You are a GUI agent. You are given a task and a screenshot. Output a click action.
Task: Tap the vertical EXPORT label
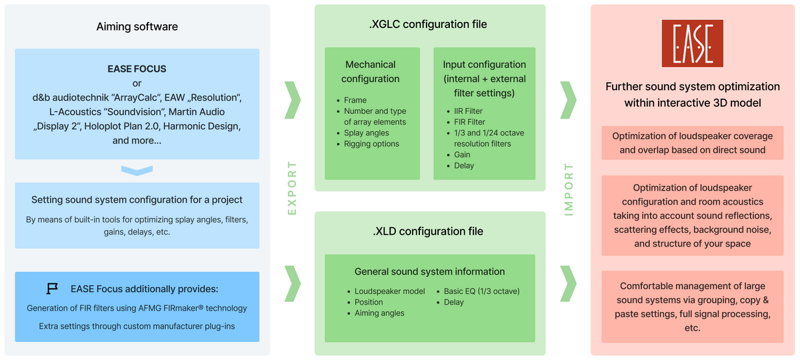(x=291, y=188)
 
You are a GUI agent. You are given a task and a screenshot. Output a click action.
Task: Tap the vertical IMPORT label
(x=569, y=188)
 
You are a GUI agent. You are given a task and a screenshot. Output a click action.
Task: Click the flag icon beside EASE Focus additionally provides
(x=52, y=289)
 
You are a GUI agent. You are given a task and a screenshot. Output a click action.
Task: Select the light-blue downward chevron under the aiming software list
(x=137, y=171)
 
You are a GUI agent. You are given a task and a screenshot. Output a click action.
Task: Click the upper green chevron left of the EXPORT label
(x=292, y=99)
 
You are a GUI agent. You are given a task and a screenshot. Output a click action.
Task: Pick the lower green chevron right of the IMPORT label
(x=569, y=283)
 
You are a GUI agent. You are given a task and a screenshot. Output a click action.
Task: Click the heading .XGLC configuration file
(x=428, y=25)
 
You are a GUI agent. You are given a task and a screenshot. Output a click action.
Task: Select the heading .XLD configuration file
(x=428, y=231)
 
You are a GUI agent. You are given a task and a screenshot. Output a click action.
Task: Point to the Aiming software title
(x=137, y=27)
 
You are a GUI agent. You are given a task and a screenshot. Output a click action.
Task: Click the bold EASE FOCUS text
(x=137, y=69)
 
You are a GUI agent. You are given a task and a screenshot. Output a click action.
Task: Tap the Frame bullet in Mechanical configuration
(x=355, y=100)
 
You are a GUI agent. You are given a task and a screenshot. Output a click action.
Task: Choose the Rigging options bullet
(x=371, y=143)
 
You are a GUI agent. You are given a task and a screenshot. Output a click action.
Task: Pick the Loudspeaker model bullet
(x=389, y=291)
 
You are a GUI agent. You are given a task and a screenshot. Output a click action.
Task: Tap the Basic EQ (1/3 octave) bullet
(x=481, y=291)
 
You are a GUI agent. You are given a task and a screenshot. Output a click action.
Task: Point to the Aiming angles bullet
(x=379, y=313)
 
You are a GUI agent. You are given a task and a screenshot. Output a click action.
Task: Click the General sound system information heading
(x=429, y=271)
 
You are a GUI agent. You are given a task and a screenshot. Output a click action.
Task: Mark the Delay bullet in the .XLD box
(x=454, y=302)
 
